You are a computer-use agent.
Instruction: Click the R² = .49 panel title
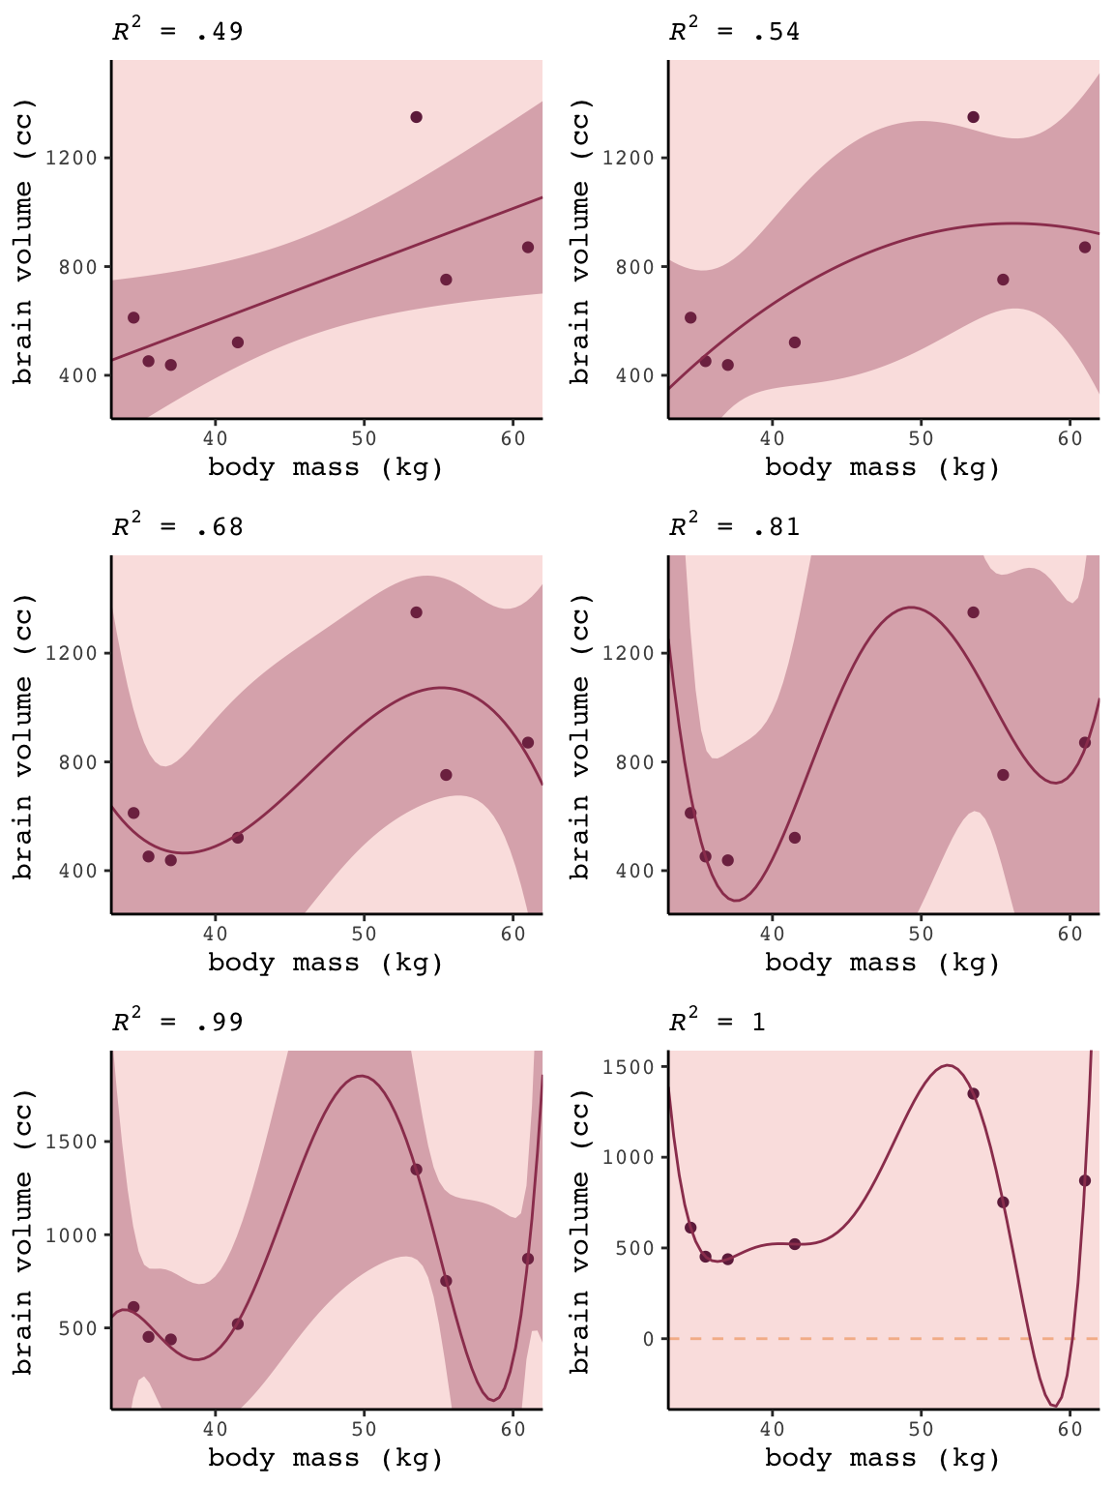(x=177, y=31)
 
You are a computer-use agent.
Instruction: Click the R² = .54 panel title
(x=734, y=31)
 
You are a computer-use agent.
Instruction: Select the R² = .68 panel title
(x=177, y=526)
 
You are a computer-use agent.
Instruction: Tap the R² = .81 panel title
(x=734, y=526)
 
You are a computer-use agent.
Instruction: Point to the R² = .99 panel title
(x=177, y=1022)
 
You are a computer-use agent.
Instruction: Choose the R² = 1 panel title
(x=717, y=1022)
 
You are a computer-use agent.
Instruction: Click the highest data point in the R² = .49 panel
(x=416, y=117)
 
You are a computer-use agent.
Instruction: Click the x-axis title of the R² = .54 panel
(x=882, y=468)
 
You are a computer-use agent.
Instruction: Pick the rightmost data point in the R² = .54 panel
(x=1085, y=247)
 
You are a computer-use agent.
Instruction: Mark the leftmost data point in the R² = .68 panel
(x=133, y=813)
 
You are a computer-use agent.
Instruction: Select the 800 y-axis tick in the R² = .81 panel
(x=642, y=761)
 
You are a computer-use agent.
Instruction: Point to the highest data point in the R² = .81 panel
(x=973, y=612)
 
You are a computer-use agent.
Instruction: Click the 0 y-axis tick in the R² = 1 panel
(x=647, y=1339)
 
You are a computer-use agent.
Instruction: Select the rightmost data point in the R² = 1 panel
(x=1085, y=1180)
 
